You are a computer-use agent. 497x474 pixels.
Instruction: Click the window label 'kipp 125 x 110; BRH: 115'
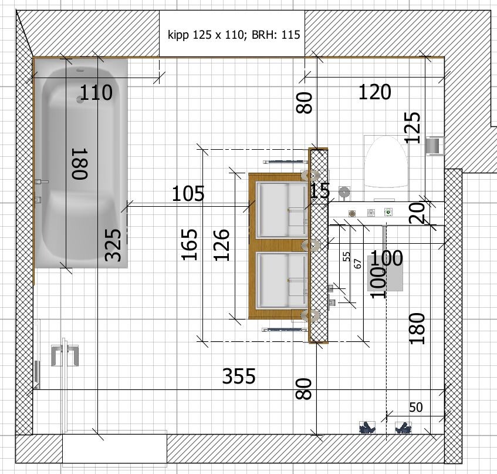click(x=234, y=34)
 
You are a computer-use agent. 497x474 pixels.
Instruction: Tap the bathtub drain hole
click(x=79, y=99)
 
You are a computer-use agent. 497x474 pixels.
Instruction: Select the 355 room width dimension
click(x=239, y=376)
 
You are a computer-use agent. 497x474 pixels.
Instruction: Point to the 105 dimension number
click(x=188, y=193)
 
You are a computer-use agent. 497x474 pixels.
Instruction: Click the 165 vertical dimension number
click(x=190, y=244)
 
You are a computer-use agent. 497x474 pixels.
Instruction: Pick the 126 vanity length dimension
click(x=221, y=245)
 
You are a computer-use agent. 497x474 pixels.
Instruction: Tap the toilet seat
click(x=386, y=162)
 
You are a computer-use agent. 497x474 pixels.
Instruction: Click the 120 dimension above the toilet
click(x=374, y=92)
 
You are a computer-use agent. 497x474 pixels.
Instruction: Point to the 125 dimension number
click(x=413, y=127)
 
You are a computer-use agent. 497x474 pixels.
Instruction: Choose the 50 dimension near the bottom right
click(x=416, y=408)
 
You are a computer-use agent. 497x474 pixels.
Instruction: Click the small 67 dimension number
click(x=357, y=264)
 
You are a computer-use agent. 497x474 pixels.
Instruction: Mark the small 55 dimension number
click(x=346, y=257)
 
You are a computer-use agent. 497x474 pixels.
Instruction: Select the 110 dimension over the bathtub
click(x=96, y=92)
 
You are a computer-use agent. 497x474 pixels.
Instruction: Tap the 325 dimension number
click(x=113, y=245)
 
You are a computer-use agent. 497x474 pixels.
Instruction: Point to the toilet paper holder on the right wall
click(x=435, y=146)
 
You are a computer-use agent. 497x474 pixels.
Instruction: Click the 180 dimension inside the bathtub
click(x=80, y=164)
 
